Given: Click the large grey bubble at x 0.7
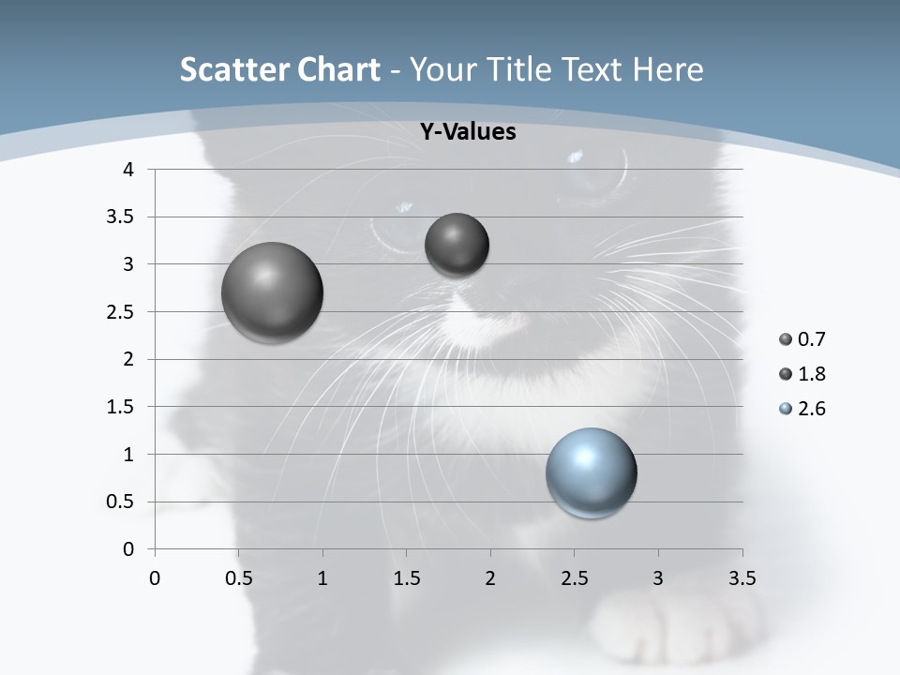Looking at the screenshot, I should [273, 292].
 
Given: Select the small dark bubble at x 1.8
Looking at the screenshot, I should [457, 245].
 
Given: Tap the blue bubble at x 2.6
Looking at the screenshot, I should [592, 472].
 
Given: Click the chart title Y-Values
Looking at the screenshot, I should [468, 132].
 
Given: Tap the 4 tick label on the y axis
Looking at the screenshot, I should [128, 170].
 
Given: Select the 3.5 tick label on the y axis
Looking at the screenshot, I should [123, 217].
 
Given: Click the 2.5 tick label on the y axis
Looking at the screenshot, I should [123, 312].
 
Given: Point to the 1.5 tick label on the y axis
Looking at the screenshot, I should [123, 407].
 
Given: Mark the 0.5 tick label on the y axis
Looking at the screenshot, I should [123, 502].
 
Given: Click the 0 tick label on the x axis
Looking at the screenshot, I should [155, 578].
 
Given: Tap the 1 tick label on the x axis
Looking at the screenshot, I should [322, 578].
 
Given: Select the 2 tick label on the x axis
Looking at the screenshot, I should [490, 578].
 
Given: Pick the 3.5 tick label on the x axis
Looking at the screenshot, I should [742, 578].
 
